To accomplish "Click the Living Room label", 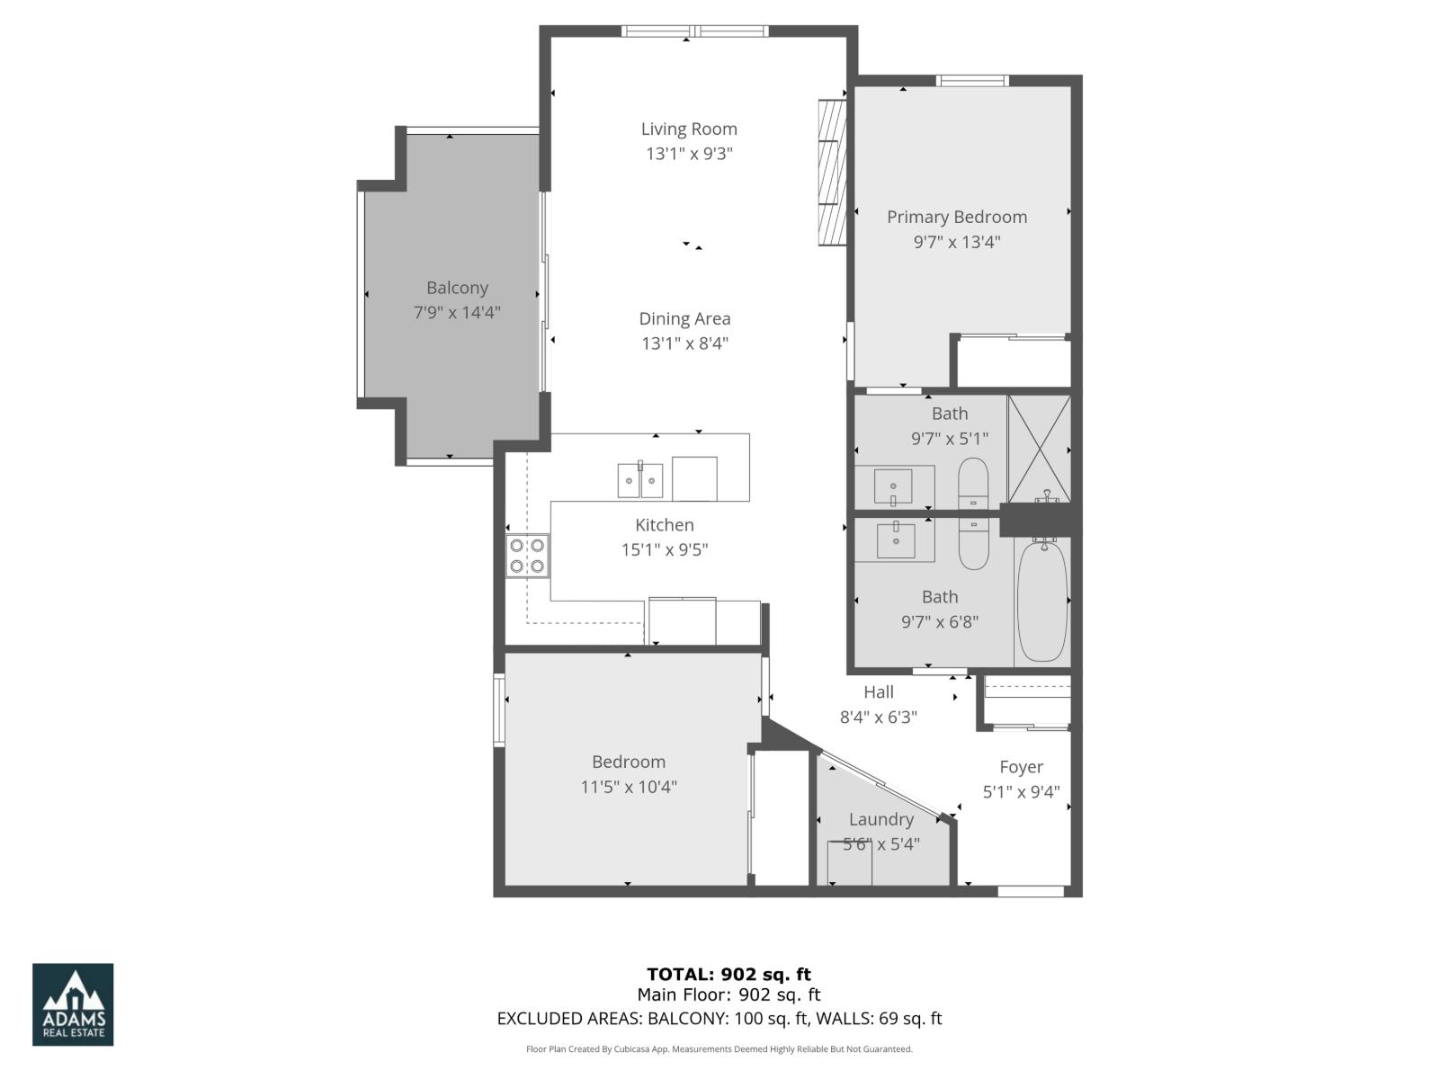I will pyautogui.click(x=689, y=129).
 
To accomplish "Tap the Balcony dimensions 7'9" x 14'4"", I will pyautogui.click(x=457, y=313).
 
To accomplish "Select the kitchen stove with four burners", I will pyautogui.click(x=527, y=555).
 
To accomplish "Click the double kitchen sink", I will pyautogui.click(x=640, y=480).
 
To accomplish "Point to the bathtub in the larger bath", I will pyautogui.click(x=1043, y=601).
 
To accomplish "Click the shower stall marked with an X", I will pyautogui.click(x=1040, y=448).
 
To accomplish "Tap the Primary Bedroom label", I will pyautogui.click(x=957, y=217).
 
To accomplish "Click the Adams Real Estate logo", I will pyautogui.click(x=73, y=1004).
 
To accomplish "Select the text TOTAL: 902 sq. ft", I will pyautogui.click(x=728, y=974).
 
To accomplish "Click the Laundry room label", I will pyautogui.click(x=881, y=819).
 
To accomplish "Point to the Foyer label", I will pyautogui.click(x=1022, y=767).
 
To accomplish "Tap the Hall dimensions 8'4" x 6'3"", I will pyautogui.click(x=879, y=718).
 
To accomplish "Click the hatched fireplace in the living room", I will pyautogui.click(x=832, y=172).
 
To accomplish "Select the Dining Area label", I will pyautogui.click(x=685, y=318).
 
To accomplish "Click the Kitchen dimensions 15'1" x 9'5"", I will pyautogui.click(x=665, y=550).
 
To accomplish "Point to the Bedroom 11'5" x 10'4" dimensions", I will pyautogui.click(x=629, y=788).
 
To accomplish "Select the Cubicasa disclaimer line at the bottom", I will pyautogui.click(x=719, y=1049).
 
